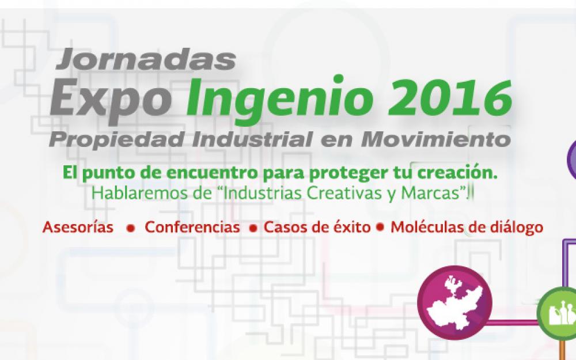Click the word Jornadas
(x=146, y=59)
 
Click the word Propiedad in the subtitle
(x=119, y=140)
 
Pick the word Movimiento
(x=436, y=139)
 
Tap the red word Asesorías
(x=78, y=227)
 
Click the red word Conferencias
(x=192, y=227)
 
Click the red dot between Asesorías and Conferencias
(x=130, y=228)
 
